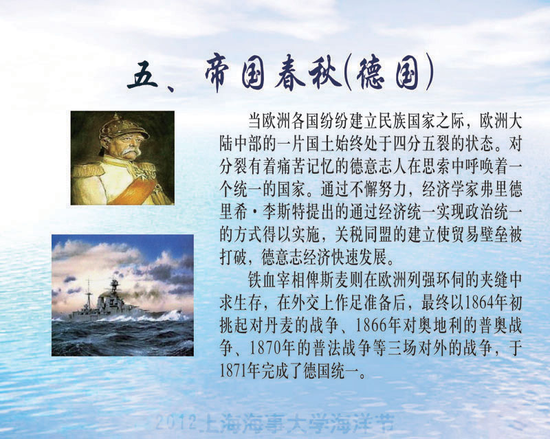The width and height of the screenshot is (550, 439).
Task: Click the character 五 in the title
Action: (143, 75)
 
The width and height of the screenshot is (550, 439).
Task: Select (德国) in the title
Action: (388, 74)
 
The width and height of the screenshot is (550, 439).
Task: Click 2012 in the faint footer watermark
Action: (175, 421)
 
